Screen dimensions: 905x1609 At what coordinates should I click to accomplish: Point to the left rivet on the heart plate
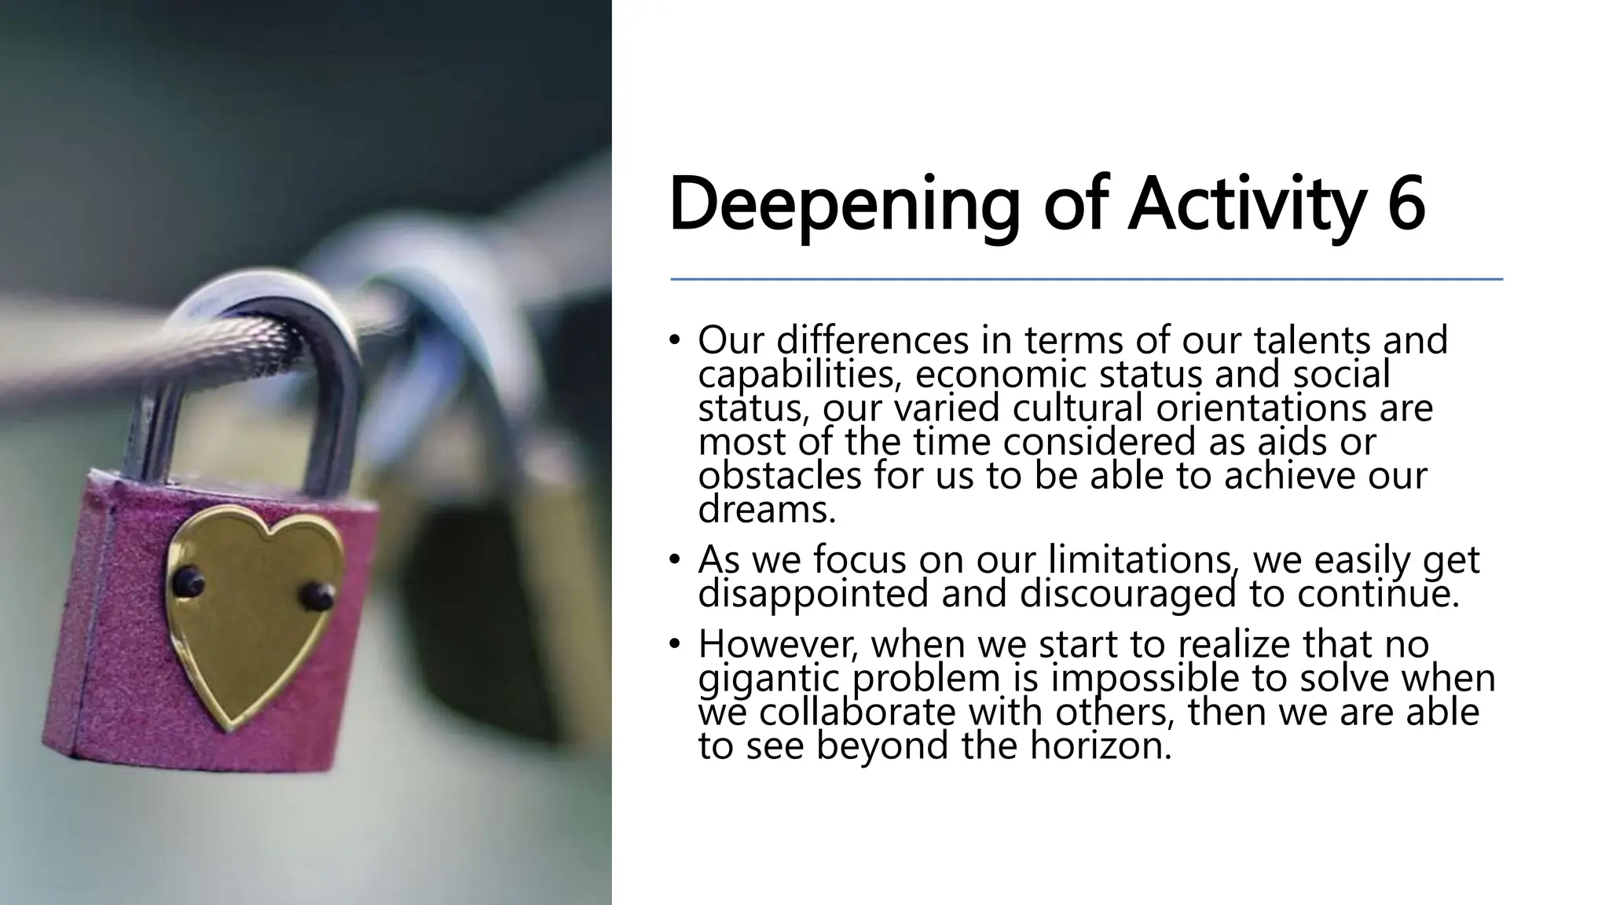(x=189, y=581)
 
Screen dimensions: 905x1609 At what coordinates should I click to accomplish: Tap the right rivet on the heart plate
(x=319, y=596)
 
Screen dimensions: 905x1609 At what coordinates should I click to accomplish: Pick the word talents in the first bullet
(x=1313, y=340)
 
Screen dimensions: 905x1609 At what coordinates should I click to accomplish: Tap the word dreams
(x=766, y=510)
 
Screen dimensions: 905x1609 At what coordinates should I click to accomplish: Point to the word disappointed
(x=813, y=593)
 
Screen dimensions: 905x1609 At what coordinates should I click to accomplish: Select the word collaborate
(x=858, y=712)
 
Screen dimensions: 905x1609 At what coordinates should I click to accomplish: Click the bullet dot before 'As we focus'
(x=673, y=560)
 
